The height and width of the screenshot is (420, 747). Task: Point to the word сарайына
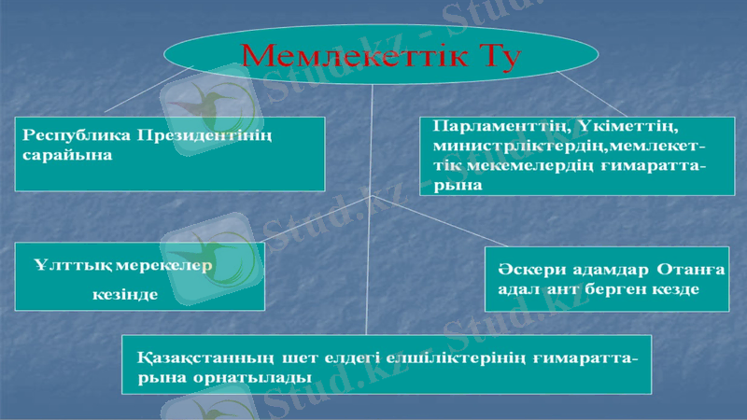click(66, 155)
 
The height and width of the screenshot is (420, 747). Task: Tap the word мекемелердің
click(528, 166)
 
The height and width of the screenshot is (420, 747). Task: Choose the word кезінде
click(124, 295)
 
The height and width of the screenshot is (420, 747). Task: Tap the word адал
click(516, 289)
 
